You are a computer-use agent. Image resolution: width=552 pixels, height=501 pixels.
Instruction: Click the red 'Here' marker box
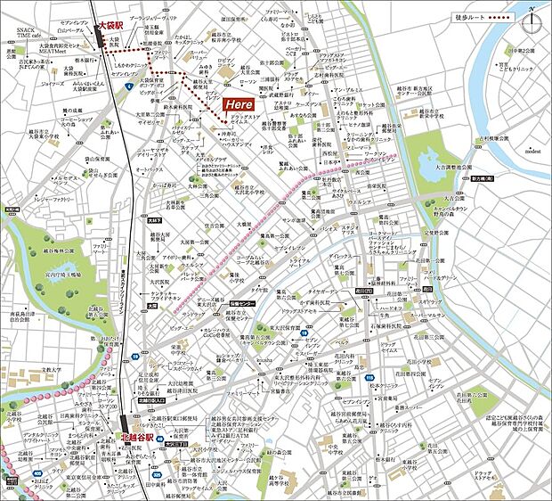pos(242,103)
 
